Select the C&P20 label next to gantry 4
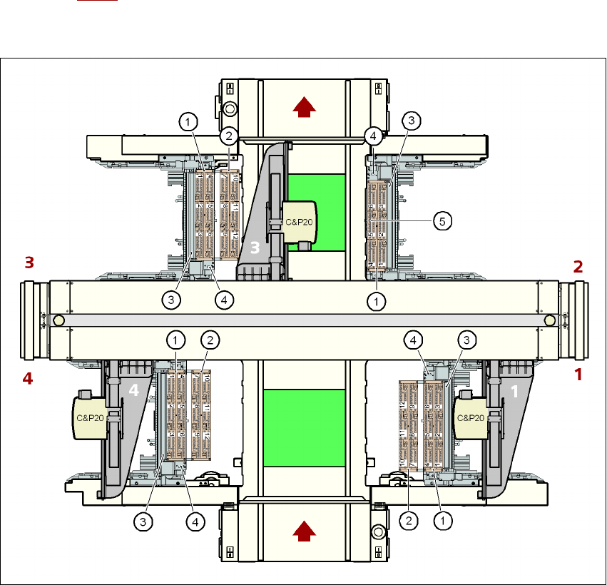click(91, 414)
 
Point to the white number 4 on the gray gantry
click(133, 390)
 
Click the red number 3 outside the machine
click(29, 263)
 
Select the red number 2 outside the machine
click(578, 267)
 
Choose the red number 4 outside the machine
click(28, 379)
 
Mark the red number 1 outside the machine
click(578, 374)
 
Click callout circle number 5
click(442, 221)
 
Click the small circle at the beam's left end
click(58, 321)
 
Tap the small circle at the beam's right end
click(549, 321)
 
